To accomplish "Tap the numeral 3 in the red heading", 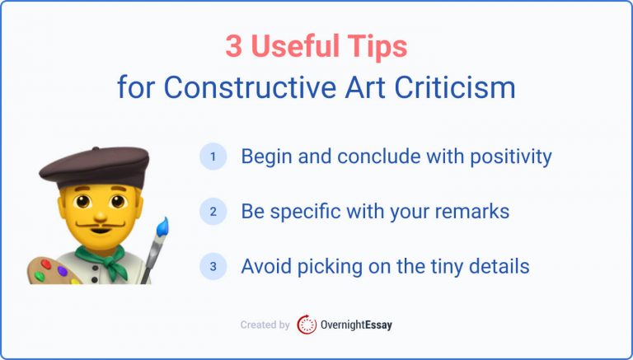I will point(235,47).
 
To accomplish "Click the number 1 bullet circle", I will point(213,157).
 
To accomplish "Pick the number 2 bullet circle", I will point(213,212).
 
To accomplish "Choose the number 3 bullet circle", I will point(213,267).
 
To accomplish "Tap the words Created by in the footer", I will point(265,325).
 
